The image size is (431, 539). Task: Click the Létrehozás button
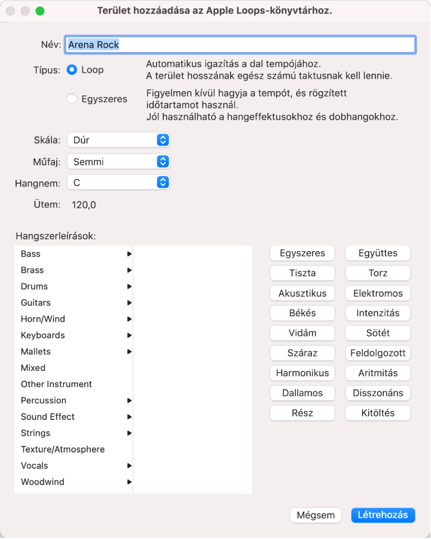point(383,515)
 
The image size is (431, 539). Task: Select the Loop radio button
point(72,70)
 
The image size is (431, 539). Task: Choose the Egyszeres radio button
point(72,99)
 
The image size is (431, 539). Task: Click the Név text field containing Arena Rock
point(241,45)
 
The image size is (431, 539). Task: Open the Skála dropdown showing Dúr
point(118,140)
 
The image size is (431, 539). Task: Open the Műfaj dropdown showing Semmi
point(118,161)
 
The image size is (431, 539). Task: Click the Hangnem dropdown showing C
point(118,182)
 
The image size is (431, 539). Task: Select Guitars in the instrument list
point(36,302)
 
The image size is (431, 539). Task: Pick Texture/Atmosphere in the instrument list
point(62,449)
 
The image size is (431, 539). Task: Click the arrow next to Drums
point(129,286)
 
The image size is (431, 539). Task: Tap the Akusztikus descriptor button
point(302,293)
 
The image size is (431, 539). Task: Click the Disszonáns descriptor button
point(378,393)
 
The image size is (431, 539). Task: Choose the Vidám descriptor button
point(302,333)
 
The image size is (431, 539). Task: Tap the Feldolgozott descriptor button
point(378,353)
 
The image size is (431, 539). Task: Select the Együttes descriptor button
point(378,253)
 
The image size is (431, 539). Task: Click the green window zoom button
point(40,11)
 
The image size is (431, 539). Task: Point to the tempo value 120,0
point(84,205)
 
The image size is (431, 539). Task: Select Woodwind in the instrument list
point(42,482)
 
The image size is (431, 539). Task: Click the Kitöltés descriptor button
point(378,413)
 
